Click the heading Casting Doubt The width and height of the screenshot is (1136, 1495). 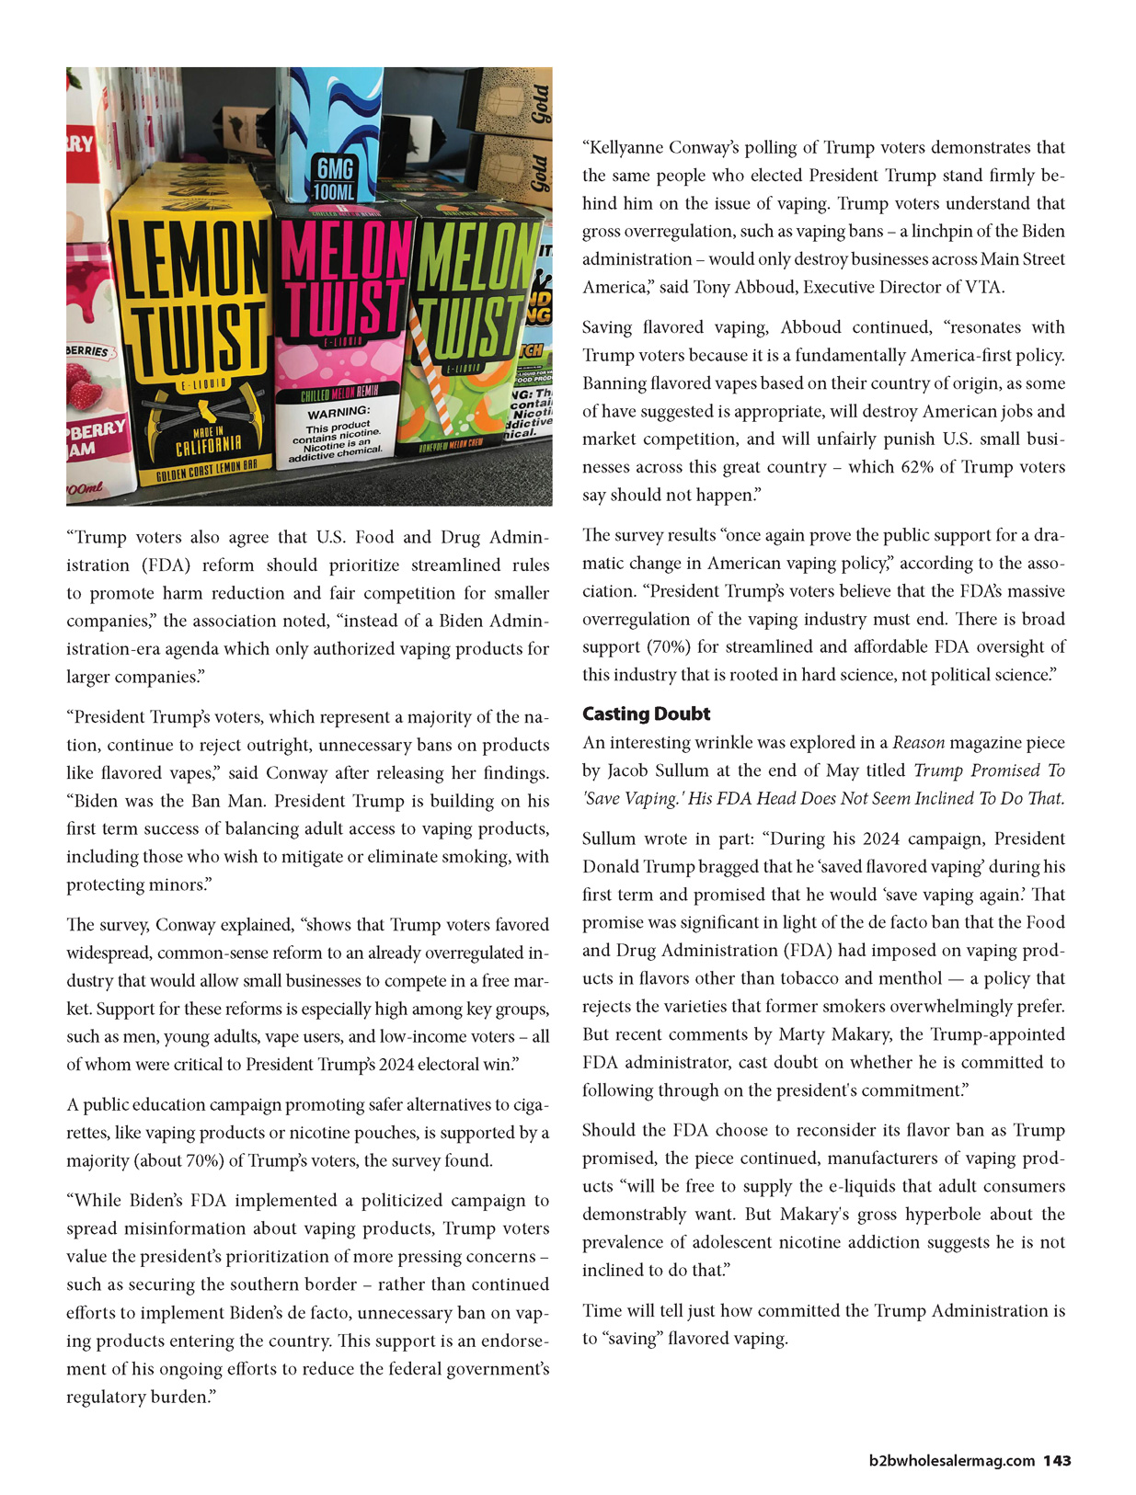click(x=646, y=714)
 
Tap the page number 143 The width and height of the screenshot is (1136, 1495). click(x=1057, y=1461)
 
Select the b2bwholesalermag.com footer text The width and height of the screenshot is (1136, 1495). click(x=952, y=1461)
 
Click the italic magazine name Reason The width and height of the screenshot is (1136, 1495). click(x=917, y=743)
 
